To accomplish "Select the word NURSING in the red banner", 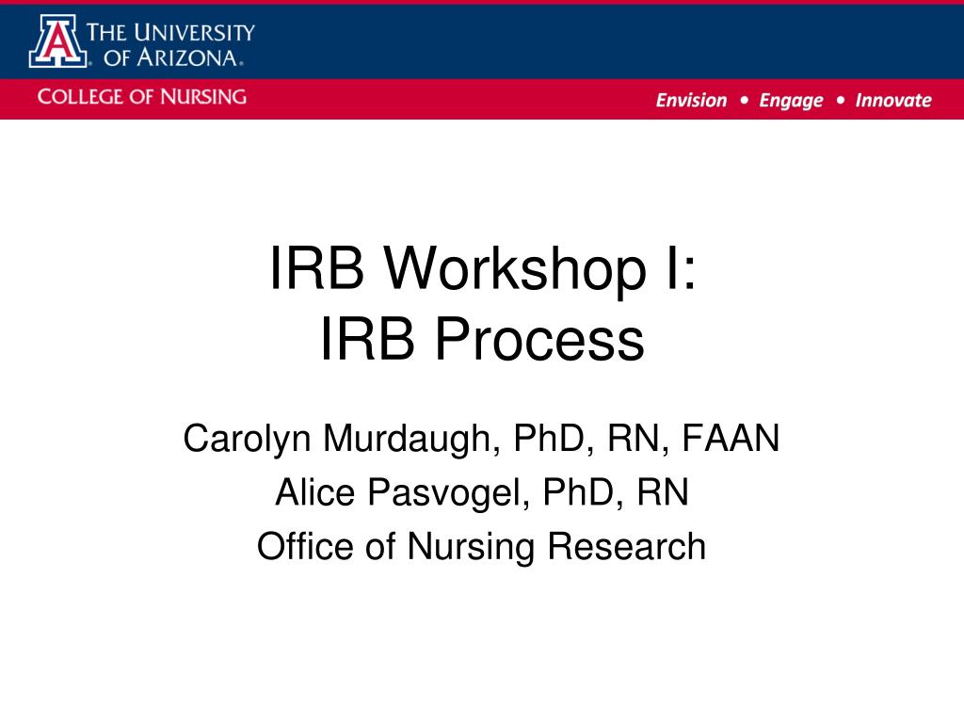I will (x=201, y=96).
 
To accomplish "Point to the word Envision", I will (x=691, y=101).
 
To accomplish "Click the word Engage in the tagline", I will (x=791, y=101).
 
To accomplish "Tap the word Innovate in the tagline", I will (x=892, y=101).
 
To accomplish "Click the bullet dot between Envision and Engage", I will (x=744, y=100).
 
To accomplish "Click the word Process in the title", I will (x=538, y=341).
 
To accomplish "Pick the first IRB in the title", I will (x=316, y=268).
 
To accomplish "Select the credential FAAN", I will (x=731, y=438).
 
